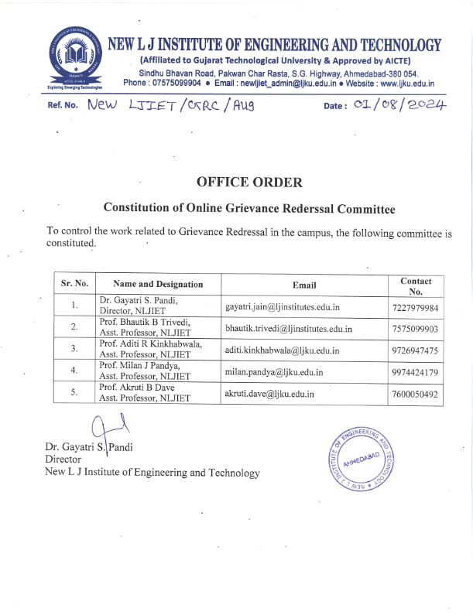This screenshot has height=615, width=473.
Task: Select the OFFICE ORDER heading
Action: tap(250, 183)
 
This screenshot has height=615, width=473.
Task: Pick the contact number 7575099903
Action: tap(415, 329)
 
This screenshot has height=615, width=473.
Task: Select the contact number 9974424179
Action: tap(415, 372)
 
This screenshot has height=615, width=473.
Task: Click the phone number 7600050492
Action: tap(415, 394)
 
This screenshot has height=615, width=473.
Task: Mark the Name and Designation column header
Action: tap(158, 284)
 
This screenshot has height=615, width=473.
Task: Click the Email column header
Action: tap(304, 284)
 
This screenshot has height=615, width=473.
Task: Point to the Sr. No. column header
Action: tap(74, 284)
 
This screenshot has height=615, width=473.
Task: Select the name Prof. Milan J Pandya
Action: tap(136, 365)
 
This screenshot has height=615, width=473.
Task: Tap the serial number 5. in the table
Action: tap(74, 392)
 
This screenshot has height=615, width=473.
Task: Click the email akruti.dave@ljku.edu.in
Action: tap(269, 394)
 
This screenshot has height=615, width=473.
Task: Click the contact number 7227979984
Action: tap(415, 308)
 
